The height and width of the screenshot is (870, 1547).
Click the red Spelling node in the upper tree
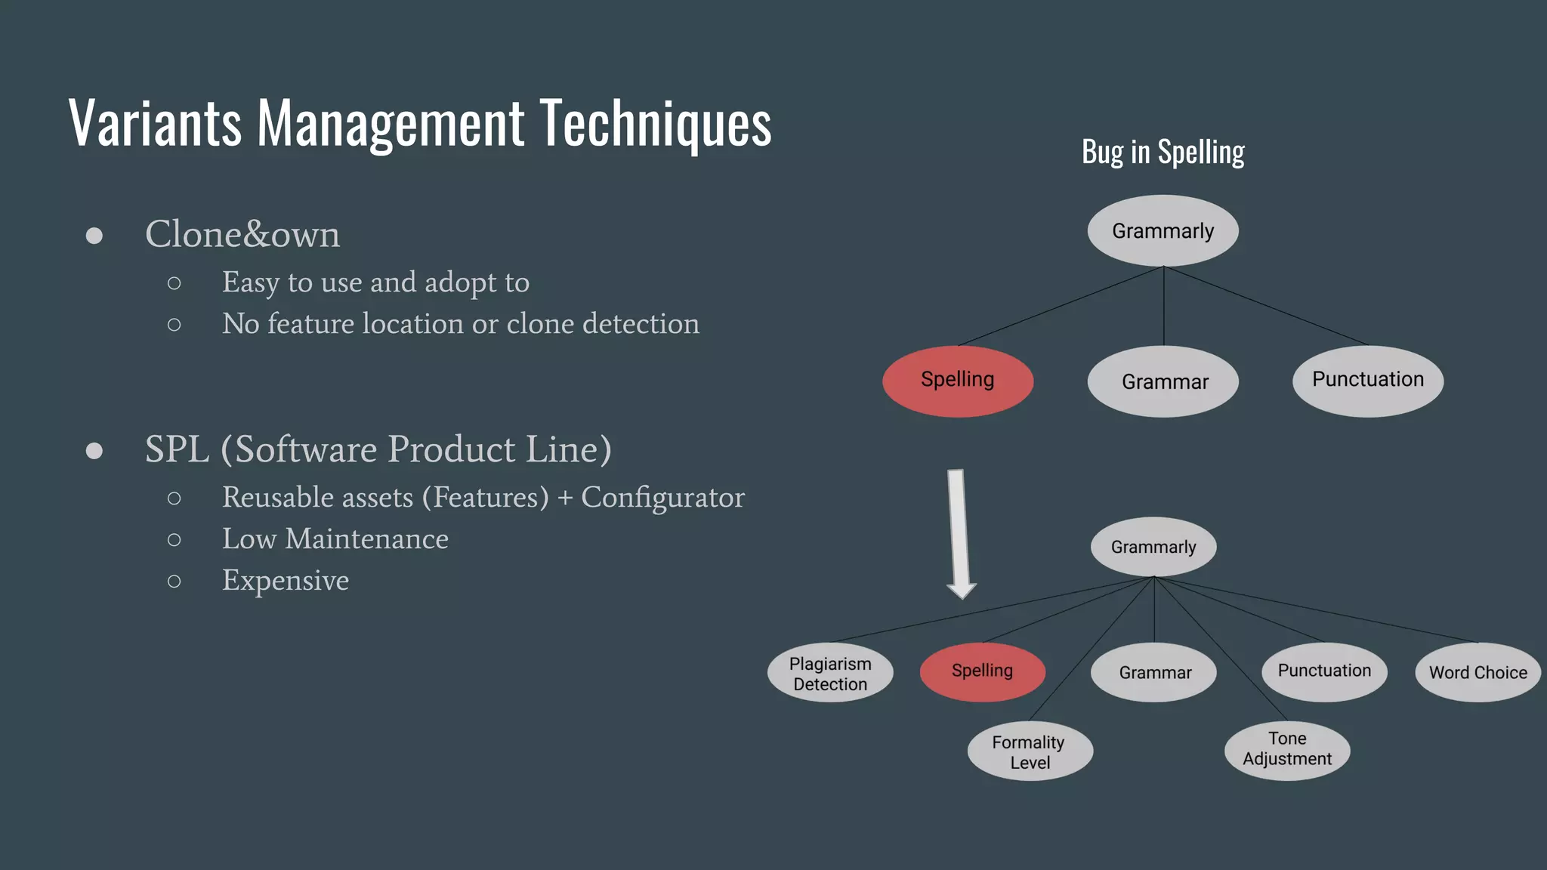click(x=958, y=381)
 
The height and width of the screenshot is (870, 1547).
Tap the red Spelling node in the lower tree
click(x=982, y=671)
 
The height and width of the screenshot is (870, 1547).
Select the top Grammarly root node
click(x=1163, y=230)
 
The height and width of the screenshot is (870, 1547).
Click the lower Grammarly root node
click(x=1153, y=547)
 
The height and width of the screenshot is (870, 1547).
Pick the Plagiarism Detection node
click(x=830, y=673)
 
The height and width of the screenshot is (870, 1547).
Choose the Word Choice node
click(x=1478, y=672)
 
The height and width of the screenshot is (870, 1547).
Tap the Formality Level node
click(x=1030, y=751)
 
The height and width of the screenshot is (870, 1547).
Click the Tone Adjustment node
click(x=1287, y=749)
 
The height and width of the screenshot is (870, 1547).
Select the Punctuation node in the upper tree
click(x=1367, y=381)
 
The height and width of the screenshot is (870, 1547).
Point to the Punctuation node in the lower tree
click(x=1324, y=671)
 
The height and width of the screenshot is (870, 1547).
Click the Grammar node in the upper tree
click(x=1164, y=381)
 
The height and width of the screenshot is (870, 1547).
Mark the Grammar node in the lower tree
click(x=1154, y=672)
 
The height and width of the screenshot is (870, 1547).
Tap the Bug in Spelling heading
click(x=1163, y=153)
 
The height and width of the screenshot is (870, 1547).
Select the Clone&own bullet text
click(x=242, y=234)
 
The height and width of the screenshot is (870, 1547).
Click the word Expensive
click(x=286, y=580)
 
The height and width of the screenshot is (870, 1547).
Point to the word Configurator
click(x=662, y=498)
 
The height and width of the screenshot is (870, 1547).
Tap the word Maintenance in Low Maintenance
click(x=366, y=539)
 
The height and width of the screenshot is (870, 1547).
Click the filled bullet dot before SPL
click(x=94, y=451)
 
